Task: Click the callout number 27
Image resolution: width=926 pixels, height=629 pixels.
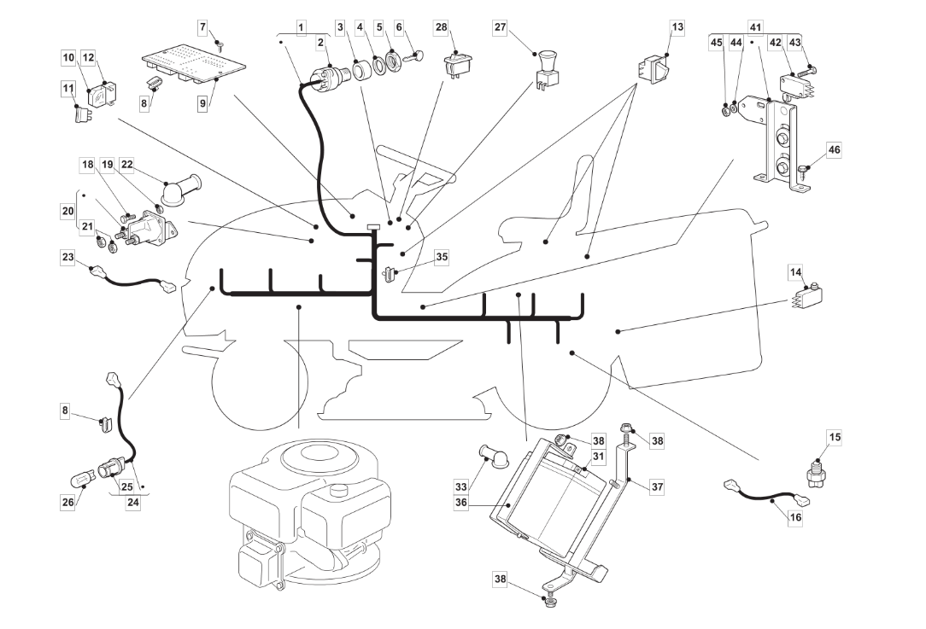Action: (501, 27)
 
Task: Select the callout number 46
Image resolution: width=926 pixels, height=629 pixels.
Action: (833, 150)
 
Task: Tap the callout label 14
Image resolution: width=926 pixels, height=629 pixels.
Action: (796, 272)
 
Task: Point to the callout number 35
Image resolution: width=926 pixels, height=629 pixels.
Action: (441, 257)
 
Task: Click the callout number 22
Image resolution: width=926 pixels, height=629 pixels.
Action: (127, 164)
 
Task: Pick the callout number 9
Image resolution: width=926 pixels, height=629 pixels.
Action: (202, 103)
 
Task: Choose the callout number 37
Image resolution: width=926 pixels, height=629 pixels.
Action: (657, 486)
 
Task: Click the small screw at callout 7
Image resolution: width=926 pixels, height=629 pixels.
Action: (220, 44)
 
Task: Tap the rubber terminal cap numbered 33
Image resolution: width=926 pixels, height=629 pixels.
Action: (488, 456)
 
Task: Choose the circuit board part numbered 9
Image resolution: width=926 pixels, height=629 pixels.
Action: (194, 69)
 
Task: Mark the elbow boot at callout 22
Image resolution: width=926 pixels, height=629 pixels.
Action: (181, 190)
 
